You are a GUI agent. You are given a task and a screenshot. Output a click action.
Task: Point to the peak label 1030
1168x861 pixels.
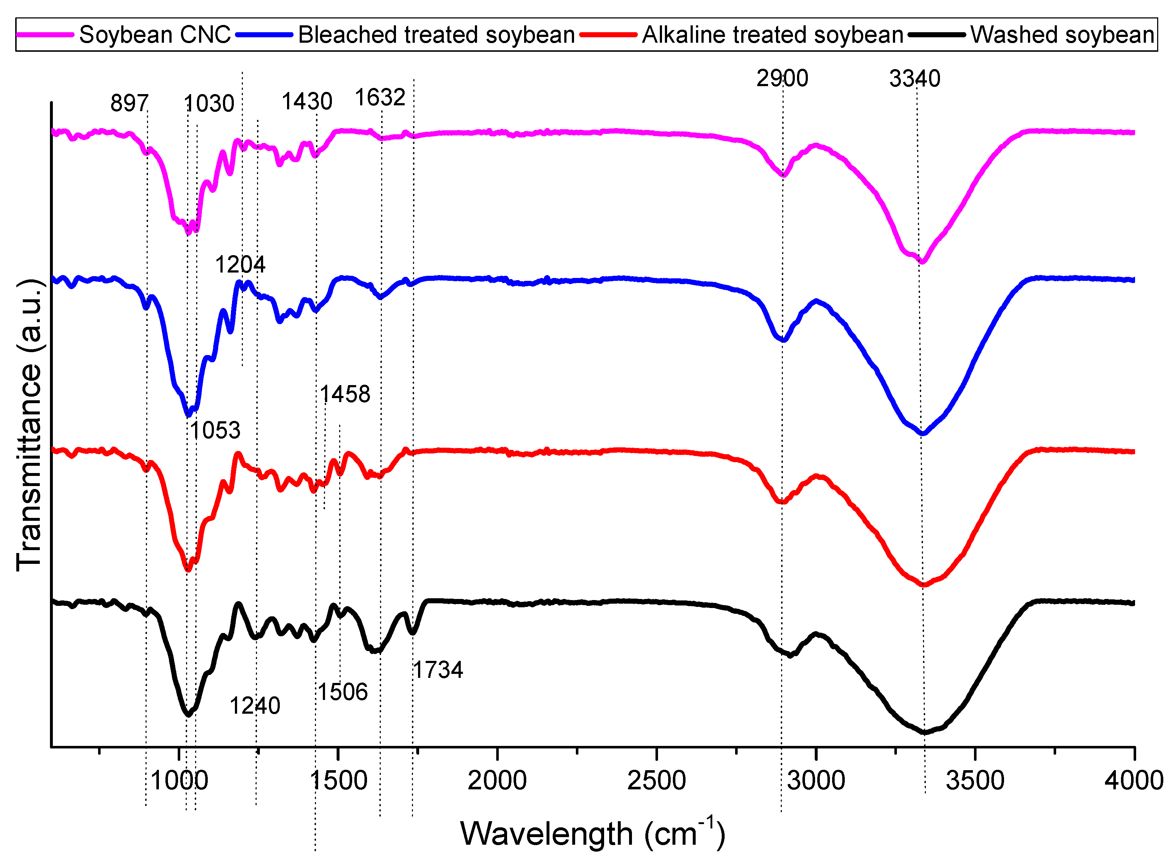[x=209, y=104]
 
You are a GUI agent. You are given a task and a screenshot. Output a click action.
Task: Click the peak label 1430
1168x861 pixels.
[x=307, y=101]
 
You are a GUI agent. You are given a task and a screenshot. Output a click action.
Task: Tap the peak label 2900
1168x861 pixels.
[x=782, y=79]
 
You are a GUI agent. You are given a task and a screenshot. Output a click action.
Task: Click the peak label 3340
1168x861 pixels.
[x=914, y=79]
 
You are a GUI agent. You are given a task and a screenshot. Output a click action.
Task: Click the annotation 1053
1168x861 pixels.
[x=215, y=431]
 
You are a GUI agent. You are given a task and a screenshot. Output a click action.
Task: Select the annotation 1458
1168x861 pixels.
[x=345, y=394]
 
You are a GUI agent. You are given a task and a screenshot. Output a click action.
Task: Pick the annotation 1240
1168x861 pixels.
[x=255, y=706]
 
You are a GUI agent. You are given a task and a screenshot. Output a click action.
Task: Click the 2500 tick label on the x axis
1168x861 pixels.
[x=656, y=781]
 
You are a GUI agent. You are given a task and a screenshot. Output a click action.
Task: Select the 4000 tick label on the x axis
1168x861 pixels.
[x=1134, y=781]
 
